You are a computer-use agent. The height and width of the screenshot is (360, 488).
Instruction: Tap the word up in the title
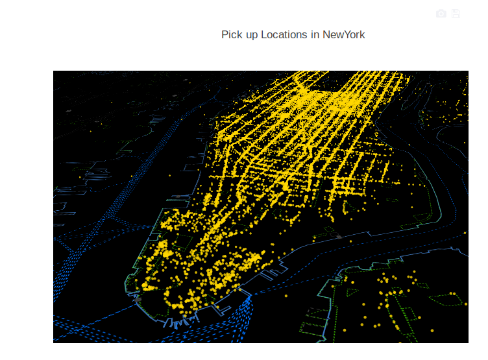(252, 34)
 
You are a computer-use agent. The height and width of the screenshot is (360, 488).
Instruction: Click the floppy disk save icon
(456, 14)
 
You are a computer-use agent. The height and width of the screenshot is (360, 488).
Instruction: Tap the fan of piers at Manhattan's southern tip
(175, 321)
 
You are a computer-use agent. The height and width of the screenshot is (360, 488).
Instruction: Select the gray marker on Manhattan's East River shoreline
(338, 237)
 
